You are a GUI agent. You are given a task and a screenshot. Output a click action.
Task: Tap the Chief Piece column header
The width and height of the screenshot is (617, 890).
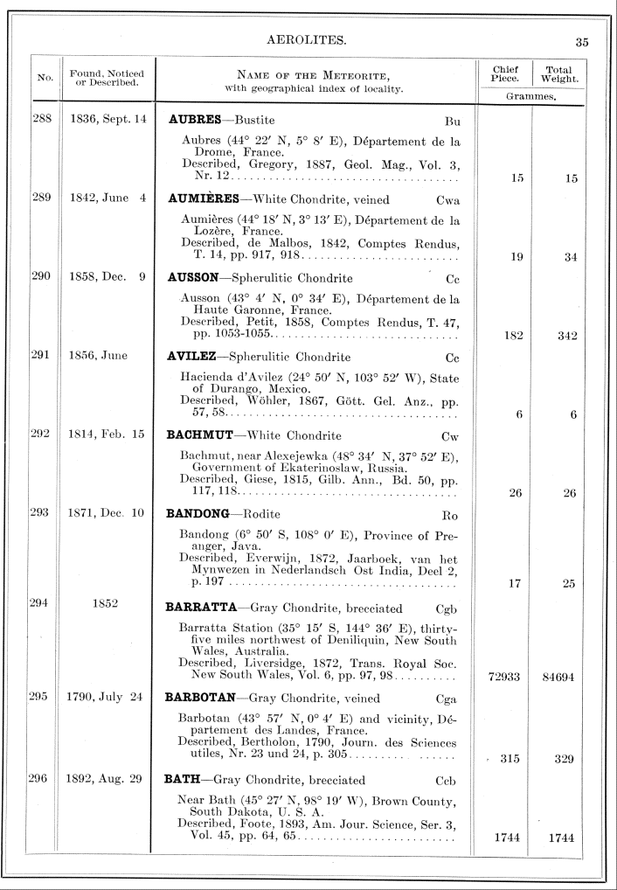506,73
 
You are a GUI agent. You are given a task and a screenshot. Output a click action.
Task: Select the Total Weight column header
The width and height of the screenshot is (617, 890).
560,73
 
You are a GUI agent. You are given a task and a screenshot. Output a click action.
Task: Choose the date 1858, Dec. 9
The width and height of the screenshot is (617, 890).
107,277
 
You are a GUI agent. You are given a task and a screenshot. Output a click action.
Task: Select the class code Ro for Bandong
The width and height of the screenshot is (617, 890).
451,514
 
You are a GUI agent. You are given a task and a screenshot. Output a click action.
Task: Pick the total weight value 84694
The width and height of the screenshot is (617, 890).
557,676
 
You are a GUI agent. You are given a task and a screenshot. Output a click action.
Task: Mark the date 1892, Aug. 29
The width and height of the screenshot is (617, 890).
107,778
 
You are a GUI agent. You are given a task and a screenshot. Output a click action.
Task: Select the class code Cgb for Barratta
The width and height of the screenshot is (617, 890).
446,608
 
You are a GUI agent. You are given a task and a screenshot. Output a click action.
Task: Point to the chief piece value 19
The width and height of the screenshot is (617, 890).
516,257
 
